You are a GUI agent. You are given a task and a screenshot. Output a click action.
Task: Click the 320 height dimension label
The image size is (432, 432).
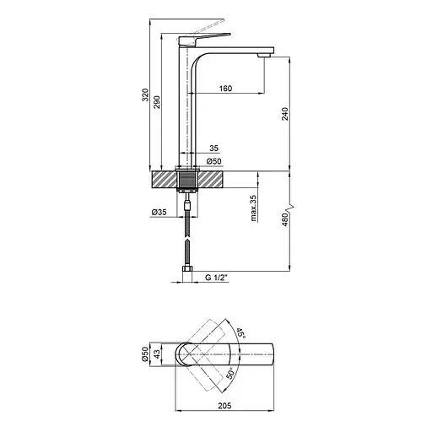point(145,95)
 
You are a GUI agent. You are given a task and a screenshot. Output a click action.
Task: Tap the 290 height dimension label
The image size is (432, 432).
point(157,102)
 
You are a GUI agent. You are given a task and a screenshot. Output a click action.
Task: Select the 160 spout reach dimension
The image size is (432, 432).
point(225,89)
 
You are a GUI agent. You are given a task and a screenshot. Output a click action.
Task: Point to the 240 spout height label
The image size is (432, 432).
point(285,114)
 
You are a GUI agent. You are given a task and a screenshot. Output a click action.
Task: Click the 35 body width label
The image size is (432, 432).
point(214,148)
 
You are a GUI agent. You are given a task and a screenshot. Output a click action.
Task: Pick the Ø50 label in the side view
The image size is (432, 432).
point(213,161)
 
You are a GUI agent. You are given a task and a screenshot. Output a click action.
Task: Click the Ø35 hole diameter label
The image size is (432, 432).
point(159,212)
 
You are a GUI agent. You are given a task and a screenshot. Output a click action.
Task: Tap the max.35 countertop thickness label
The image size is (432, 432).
point(253,208)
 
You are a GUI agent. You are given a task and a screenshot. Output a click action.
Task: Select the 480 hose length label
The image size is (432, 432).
point(285,219)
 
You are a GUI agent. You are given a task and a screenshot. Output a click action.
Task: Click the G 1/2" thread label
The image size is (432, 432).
point(216,278)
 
